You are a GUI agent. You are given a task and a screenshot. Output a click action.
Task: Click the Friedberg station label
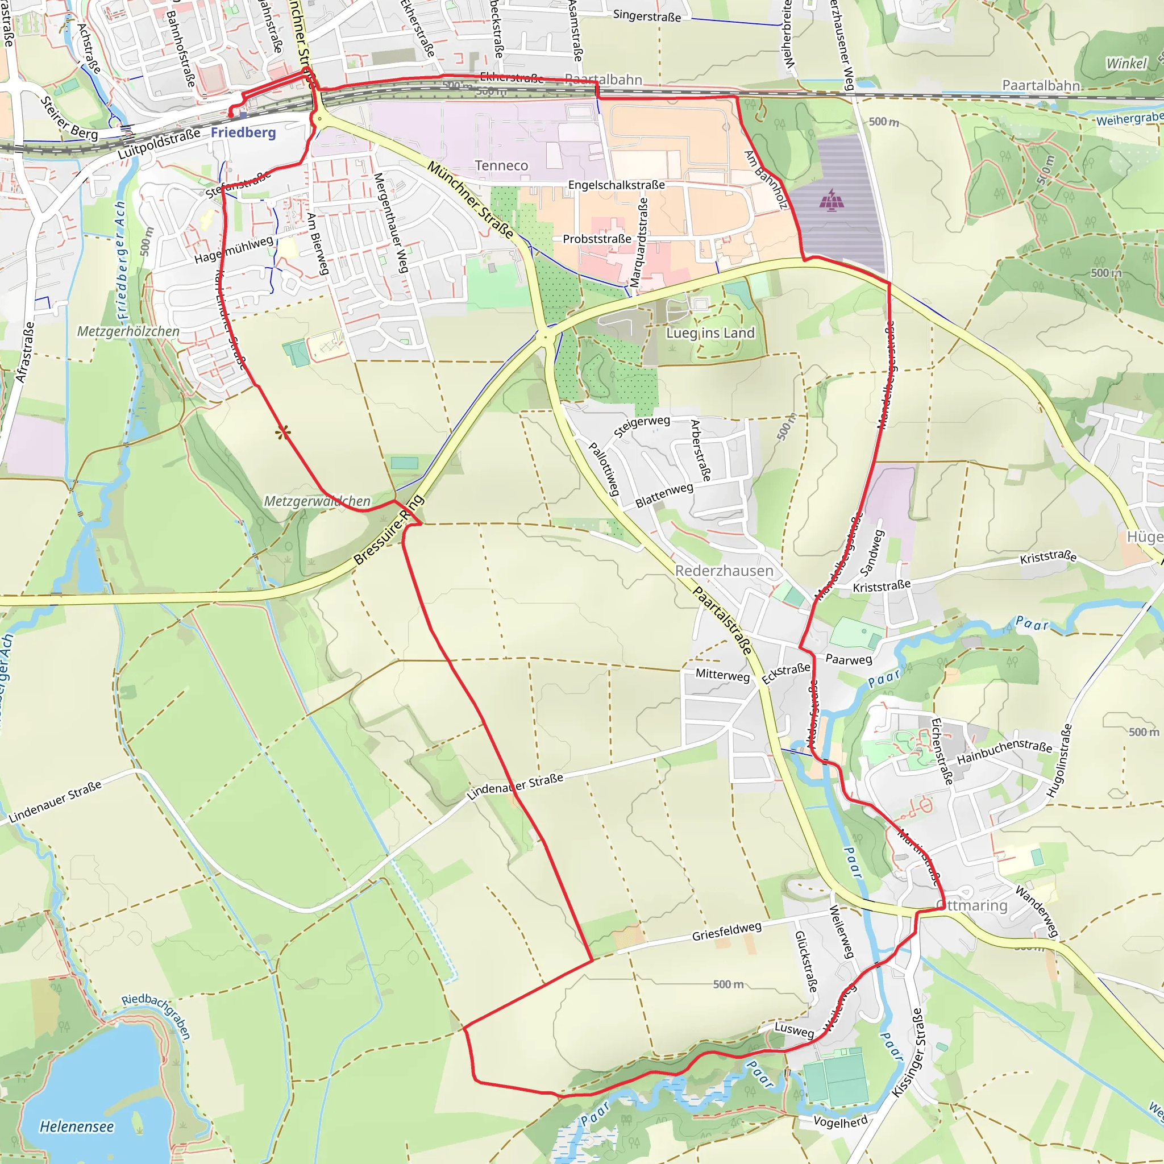pyautogui.click(x=243, y=132)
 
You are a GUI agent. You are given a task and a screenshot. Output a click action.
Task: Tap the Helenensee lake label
pyautogui.click(x=77, y=1126)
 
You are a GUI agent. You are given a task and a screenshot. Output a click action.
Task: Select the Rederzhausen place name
pyautogui.click(x=724, y=571)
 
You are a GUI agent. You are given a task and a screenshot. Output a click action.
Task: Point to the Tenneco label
pyautogui.click(x=501, y=166)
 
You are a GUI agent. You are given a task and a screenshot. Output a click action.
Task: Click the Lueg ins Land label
pyautogui.click(x=710, y=333)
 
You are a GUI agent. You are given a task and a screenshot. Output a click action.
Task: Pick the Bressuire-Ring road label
pyautogui.click(x=389, y=530)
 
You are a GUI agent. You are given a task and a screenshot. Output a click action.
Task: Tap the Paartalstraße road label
pyautogui.click(x=722, y=620)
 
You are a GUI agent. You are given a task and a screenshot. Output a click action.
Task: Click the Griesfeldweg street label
pyautogui.click(x=726, y=932)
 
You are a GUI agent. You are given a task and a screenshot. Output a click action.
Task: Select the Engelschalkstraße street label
pyautogui.click(x=616, y=185)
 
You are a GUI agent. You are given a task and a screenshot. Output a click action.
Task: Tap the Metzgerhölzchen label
pyautogui.click(x=128, y=331)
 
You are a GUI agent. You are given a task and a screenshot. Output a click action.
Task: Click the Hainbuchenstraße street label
pyautogui.click(x=1004, y=751)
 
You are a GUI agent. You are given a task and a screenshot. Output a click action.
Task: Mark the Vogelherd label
pyautogui.click(x=841, y=1121)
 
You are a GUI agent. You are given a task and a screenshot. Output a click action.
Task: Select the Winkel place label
pyautogui.click(x=1126, y=64)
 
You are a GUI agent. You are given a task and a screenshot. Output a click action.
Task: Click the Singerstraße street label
pyautogui.click(x=647, y=16)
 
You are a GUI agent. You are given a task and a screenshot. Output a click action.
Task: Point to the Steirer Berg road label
pyautogui.click(x=69, y=118)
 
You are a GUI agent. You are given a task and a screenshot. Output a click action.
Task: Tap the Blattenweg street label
pyautogui.click(x=664, y=495)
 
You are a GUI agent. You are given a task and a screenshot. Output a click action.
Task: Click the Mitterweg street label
pyautogui.click(x=722, y=675)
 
